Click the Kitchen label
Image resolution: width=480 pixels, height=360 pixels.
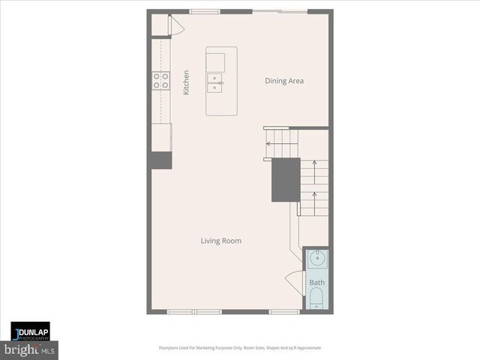tap(186, 82)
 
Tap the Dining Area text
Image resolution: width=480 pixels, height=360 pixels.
tap(284, 81)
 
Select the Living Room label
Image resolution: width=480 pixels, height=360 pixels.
tap(220, 241)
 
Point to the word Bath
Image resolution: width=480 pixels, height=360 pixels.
tap(317, 283)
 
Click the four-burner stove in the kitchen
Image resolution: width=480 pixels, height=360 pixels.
tap(160, 80)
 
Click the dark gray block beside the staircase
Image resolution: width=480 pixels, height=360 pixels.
tap(286, 179)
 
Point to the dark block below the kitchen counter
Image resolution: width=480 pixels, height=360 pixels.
tap(161, 159)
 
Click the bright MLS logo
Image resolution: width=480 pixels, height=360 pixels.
tap(30, 350)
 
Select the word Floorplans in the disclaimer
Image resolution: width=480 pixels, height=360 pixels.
tap(171, 348)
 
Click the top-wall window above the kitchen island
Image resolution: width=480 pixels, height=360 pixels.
tap(202, 11)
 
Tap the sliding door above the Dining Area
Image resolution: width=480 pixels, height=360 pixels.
tap(291, 11)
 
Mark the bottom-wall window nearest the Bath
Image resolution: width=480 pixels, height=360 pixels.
tap(284, 311)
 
